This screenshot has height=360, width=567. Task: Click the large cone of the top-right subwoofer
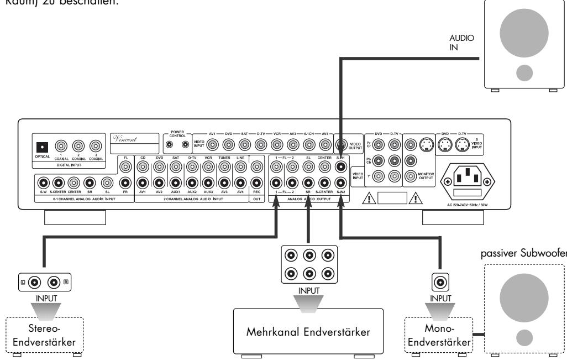[x=524, y=33]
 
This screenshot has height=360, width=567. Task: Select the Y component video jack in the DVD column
[x=378, y=177]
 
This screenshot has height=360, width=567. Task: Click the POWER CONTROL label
[x=177, y=134]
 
